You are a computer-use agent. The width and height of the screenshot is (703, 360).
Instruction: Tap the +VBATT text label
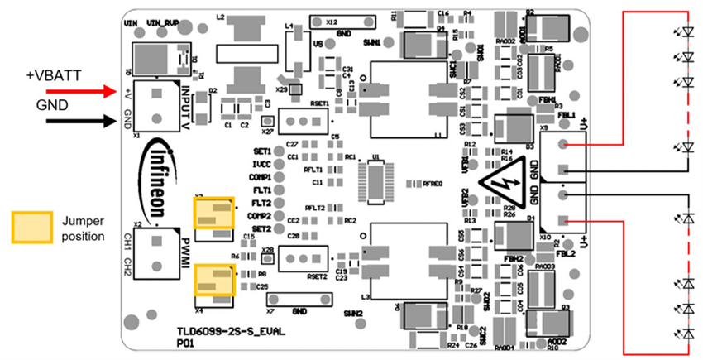tap(54, 75)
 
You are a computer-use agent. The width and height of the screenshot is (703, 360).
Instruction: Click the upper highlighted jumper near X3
tap(215, 213)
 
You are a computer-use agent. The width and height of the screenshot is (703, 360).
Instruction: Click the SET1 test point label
tap(262, 152)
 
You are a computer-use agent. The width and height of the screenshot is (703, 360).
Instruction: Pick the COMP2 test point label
tap(261, 216)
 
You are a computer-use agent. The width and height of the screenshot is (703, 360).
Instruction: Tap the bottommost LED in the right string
tap(686, 333)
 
